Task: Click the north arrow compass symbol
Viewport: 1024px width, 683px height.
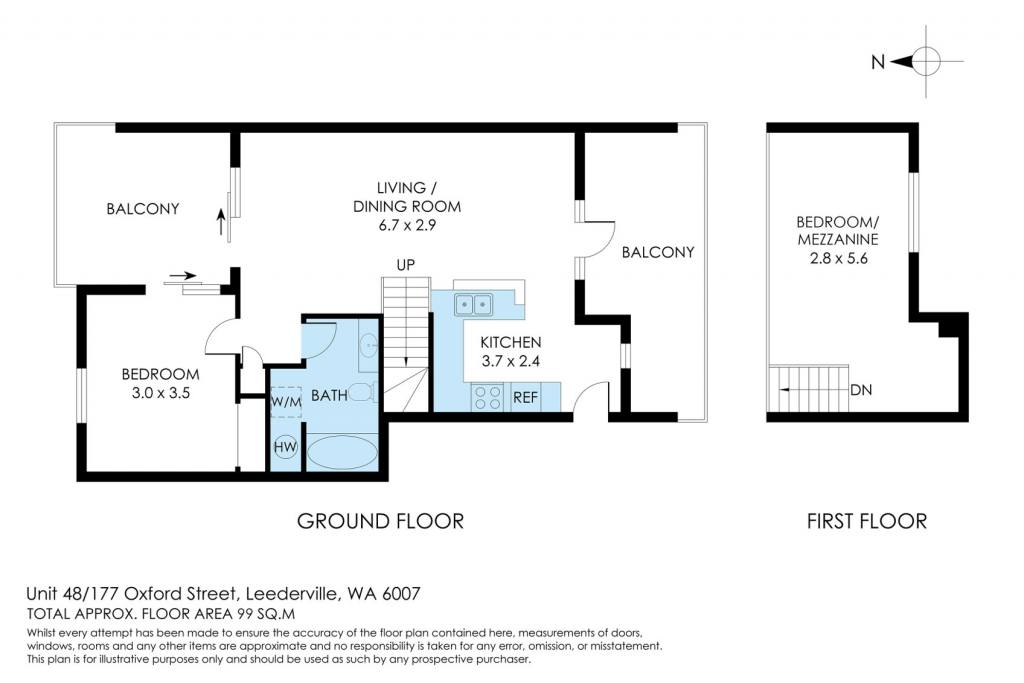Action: point(925,61)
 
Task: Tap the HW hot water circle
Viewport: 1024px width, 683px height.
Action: point(285,447)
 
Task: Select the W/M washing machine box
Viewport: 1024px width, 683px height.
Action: point(286,402)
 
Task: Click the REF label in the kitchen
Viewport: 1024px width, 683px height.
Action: point(525,397)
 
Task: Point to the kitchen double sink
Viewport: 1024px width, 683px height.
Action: point(473,304)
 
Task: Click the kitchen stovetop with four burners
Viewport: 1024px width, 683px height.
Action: point(487,398)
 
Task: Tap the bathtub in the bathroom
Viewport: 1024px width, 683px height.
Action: point(342,452)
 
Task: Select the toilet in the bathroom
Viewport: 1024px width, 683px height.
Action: point(362,392)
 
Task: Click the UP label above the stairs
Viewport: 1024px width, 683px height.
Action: point(406,265)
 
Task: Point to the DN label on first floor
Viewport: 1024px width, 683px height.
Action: point(861,390)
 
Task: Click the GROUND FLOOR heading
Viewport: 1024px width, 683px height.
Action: point(380,521)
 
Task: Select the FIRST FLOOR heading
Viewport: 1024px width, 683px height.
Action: point(867,521)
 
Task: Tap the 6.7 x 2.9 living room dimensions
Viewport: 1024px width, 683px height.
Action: point(407,225)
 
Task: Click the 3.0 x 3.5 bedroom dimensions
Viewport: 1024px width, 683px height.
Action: point(161,393)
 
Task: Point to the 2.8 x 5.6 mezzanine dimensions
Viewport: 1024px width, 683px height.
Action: point(839,258)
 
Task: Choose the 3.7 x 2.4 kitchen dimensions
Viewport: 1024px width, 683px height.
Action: point(511,361)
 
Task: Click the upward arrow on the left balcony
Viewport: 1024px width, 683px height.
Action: point(221,222)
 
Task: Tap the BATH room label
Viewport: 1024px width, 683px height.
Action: point(329,395)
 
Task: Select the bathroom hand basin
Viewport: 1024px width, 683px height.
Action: point(369,342)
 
